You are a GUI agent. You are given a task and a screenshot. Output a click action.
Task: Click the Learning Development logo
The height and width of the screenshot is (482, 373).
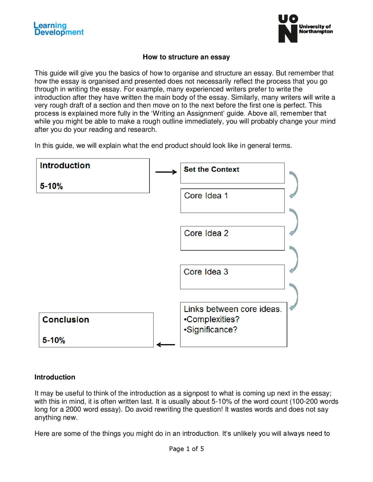pos(59,29)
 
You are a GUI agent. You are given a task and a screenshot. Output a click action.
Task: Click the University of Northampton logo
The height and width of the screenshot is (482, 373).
pos(305,29)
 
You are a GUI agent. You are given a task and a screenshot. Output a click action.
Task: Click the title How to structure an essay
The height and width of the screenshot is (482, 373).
pos(186,57)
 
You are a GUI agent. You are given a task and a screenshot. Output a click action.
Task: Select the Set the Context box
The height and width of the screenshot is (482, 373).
pos(232,173)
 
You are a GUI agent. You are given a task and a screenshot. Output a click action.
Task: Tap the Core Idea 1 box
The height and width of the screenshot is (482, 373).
pos(232,201)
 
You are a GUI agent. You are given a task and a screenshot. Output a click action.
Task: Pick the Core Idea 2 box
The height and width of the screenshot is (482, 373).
pos(232,238)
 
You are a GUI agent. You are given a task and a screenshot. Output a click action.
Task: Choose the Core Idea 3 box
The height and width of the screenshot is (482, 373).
pos(232,277)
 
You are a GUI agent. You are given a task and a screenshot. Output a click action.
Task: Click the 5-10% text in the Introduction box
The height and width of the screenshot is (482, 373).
pos(51,186)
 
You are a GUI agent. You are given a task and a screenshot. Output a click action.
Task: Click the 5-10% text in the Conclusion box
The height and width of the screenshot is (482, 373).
pos(54,340)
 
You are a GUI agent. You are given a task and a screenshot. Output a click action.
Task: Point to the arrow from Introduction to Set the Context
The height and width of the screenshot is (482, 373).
pos(166,172)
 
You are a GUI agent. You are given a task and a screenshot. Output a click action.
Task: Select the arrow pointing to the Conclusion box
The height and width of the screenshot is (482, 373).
pos(166,345)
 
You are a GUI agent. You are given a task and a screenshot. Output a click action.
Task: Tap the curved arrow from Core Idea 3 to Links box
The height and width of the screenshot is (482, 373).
pos(295,296)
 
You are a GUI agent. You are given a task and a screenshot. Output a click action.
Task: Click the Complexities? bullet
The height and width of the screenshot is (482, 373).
pos(212,319)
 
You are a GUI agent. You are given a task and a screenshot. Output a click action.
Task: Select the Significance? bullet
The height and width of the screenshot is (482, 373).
pos(211,329)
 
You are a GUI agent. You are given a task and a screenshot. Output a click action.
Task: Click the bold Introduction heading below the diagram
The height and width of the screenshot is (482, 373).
pos(55,377)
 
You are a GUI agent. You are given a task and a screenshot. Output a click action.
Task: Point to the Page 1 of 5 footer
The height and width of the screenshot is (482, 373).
pos(186,449)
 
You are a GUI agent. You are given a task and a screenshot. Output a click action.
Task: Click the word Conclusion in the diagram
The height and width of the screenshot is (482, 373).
pos(66,320)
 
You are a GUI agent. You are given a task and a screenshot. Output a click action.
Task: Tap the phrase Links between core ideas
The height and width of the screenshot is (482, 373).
pos(233,309)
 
